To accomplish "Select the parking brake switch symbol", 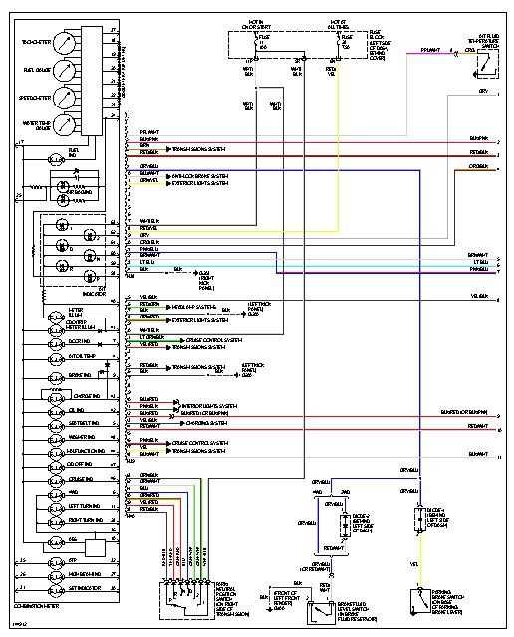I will (418, 600).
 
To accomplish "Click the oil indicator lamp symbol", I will (56, 408).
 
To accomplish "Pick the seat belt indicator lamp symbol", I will (56, 422).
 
